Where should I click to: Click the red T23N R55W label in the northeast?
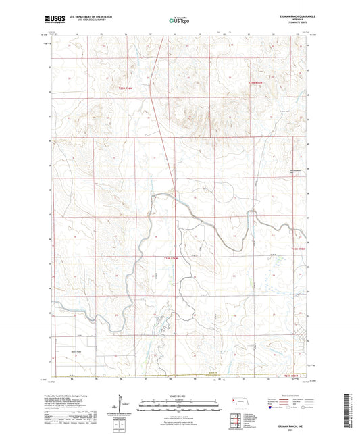[253, 82]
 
